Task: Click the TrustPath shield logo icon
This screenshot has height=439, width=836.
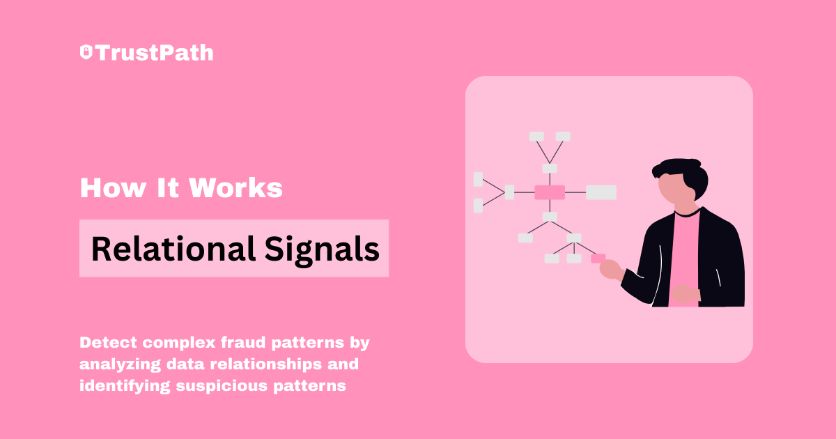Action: [86, 52]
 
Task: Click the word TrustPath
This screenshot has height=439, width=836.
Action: [155, 53]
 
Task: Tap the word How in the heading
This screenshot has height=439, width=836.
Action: [113, 187]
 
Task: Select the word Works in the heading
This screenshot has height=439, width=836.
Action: [236, 187]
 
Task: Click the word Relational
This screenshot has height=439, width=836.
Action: [173, 249]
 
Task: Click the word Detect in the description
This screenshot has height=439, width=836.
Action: [108, 342]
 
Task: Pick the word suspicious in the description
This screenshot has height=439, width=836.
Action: [222, 386]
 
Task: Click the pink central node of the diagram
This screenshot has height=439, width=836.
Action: [550, 192]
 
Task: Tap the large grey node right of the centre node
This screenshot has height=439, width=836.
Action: [601, 192]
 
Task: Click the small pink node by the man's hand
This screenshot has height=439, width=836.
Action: [598, 259]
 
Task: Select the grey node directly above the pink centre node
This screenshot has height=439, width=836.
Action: [550, 169]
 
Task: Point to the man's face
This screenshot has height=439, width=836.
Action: [674, 190]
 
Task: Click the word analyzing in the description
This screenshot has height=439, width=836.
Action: [120, 364]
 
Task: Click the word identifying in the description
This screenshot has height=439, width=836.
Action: [125, 386]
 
